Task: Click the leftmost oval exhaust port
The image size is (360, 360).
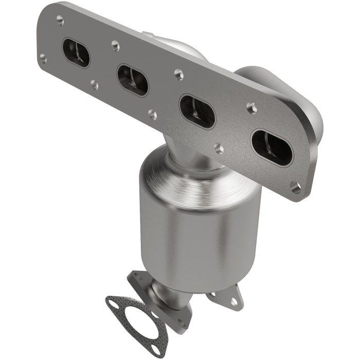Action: (76, 52)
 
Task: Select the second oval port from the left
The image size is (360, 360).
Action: (132, 80)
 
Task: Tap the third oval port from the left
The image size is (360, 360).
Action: (197, 111)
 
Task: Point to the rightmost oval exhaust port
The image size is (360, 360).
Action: (272, 147)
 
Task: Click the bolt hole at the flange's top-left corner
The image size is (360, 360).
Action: (60, 20)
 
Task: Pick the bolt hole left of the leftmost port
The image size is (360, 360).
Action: (43, 59)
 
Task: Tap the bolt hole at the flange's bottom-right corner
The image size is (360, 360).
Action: (295, 187)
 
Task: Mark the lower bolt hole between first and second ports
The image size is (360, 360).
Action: (95, 84)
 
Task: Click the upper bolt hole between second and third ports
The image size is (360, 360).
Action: (178, 74)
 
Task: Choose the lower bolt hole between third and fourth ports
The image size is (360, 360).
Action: (219, 149)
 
